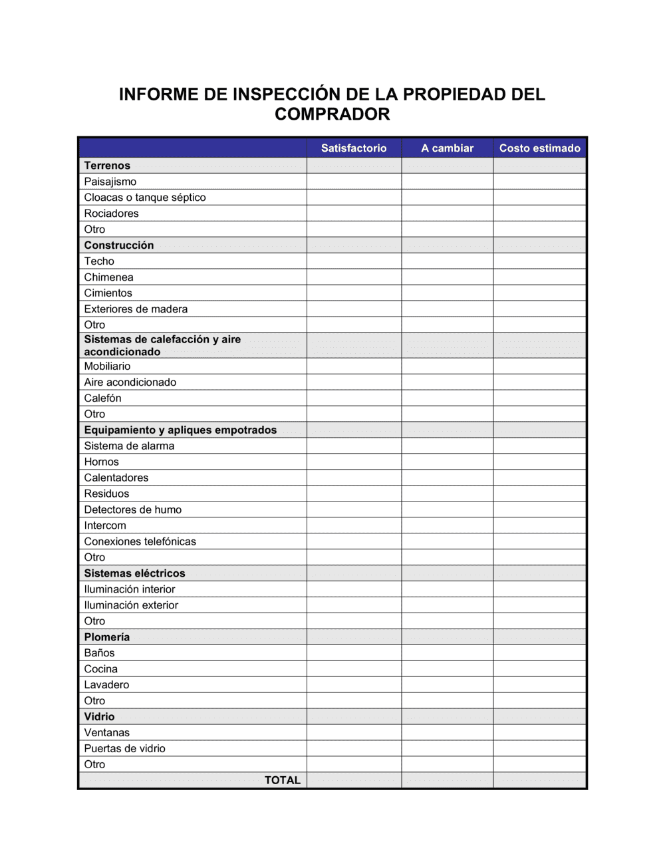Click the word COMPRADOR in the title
tap(332, 114)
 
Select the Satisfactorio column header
tap(354, 148)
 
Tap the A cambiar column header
tap(447, 148)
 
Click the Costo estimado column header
tap(539, 148)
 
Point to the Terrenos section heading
tap(107, 166)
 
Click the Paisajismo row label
tap(110, 182)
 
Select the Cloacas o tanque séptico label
tap(145, 198)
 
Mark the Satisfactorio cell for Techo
tap(354, 261)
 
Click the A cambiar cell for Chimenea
tap(447, 277)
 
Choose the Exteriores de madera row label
tap(136, 309)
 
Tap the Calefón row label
tap(102, 398)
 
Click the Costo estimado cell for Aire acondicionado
tap(539, 382)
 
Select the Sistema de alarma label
tap(129, 446)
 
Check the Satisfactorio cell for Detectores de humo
tap(354, 510)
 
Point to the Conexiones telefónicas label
tap(140, 541)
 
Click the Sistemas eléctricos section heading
tap(134, 573)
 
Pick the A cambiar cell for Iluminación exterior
tap(447, 605)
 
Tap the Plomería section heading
tap(106, 637)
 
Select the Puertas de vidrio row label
tap(124, 749)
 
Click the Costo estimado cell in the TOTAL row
tap(539, 780)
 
